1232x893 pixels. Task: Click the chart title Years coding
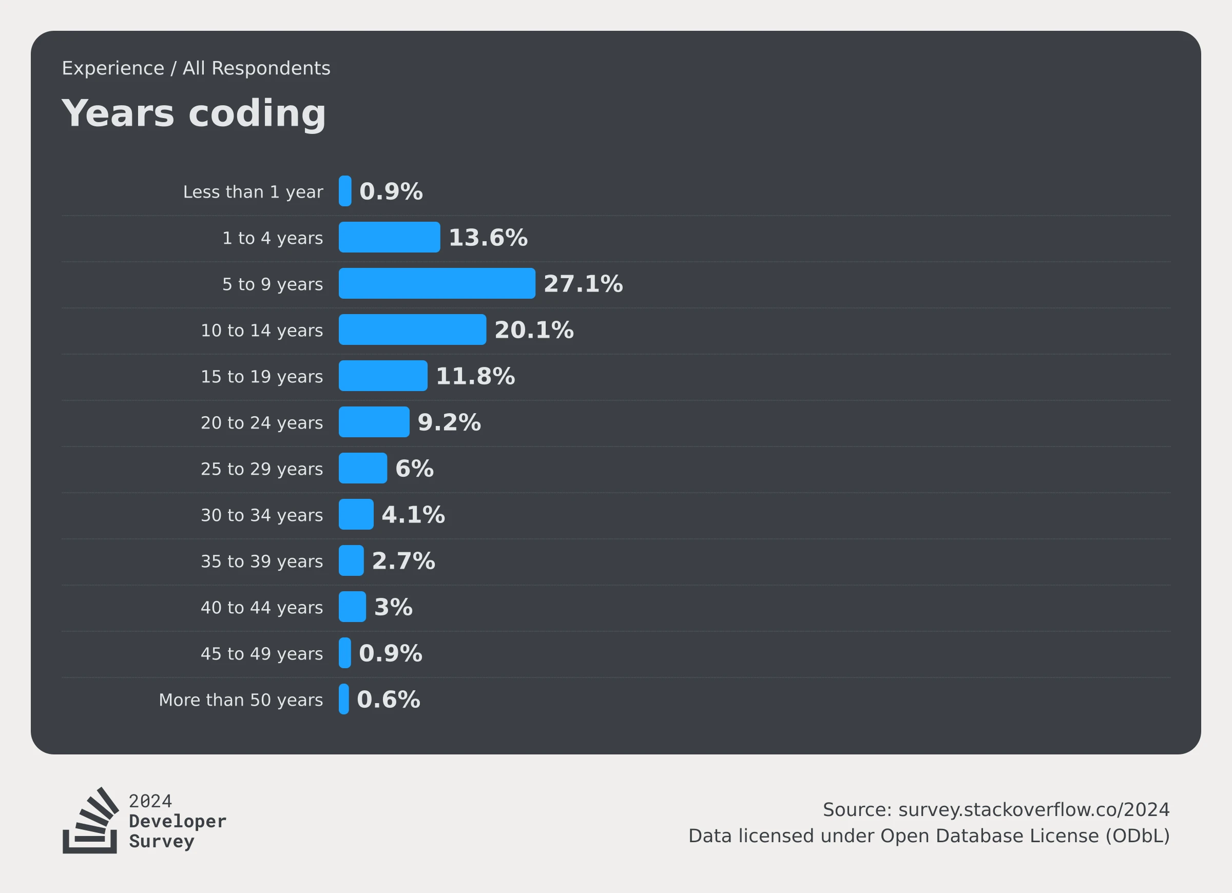pyautogui.click(x=194, y=113)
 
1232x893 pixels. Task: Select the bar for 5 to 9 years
pyautogui.click(x=437, y=283)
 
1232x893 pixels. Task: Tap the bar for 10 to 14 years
pyautogui.click(x=412, y=329)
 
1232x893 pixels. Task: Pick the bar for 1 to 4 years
pyautogui.click(x=389, y=237)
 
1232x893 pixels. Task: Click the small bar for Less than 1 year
pyautogui.click(x=345, y=190)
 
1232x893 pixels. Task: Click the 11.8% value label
pyautogui.click(x=475, y=376)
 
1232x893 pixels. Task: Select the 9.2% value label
pyautogui.click(x=449, y=422)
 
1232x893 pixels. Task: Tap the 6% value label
pyautogui.click(x=414, y=468)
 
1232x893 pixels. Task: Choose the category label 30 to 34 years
pyautogui.click(x=261, y=515)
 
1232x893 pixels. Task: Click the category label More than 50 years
pyautogui.click(x=241, y=700)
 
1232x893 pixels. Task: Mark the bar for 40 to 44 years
pyautogui.click(x=352, y=607)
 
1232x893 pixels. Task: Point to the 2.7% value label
pyautogui.click(x=403, y=560)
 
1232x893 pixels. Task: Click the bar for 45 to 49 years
pyautogui.click(x=344, y=653)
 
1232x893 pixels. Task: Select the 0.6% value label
pyautogui.click(x=388, y=699)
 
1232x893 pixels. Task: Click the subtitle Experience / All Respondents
pyautogui.click(x=196, y=68)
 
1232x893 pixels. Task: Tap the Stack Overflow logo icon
pyautogui.click(x=91, y=820)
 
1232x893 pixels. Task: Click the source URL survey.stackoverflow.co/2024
pyautogui.click(x=1034, y=809)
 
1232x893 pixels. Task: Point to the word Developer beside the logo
pyautogui.click(x=177, y=821)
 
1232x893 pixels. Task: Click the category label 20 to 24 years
pyautogui.click(x=261, y=422)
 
